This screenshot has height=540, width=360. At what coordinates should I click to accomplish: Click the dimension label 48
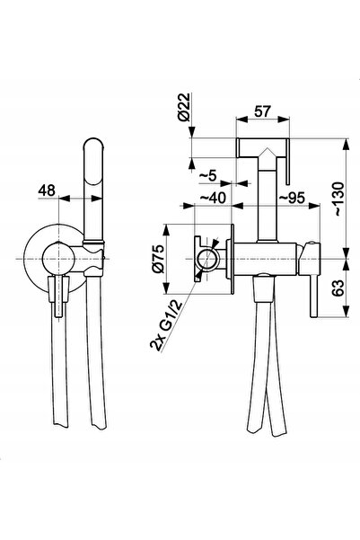point(47,190)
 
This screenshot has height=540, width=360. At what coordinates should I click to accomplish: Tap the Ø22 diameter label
point(184,107)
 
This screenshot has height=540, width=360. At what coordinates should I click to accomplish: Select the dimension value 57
point(263,111)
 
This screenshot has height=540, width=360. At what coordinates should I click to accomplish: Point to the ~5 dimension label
point(208,175)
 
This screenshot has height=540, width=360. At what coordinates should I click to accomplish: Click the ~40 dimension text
point(213,198)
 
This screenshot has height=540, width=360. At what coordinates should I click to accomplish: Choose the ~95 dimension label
point(292,198)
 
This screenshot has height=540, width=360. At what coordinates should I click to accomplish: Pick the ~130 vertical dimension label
point(338,199)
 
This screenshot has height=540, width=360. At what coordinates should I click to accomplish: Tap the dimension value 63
point(338,288)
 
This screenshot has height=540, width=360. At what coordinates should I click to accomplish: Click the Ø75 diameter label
point(159,259)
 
